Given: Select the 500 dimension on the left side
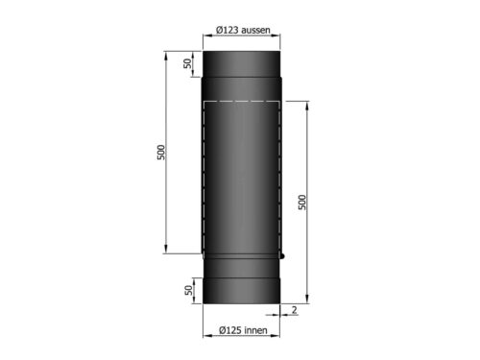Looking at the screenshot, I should (x=161, y=153).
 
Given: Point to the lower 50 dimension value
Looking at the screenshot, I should (x=187, y=289).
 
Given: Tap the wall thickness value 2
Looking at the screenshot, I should (x=291, y=309).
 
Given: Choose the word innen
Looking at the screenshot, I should (x=255, y=330).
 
